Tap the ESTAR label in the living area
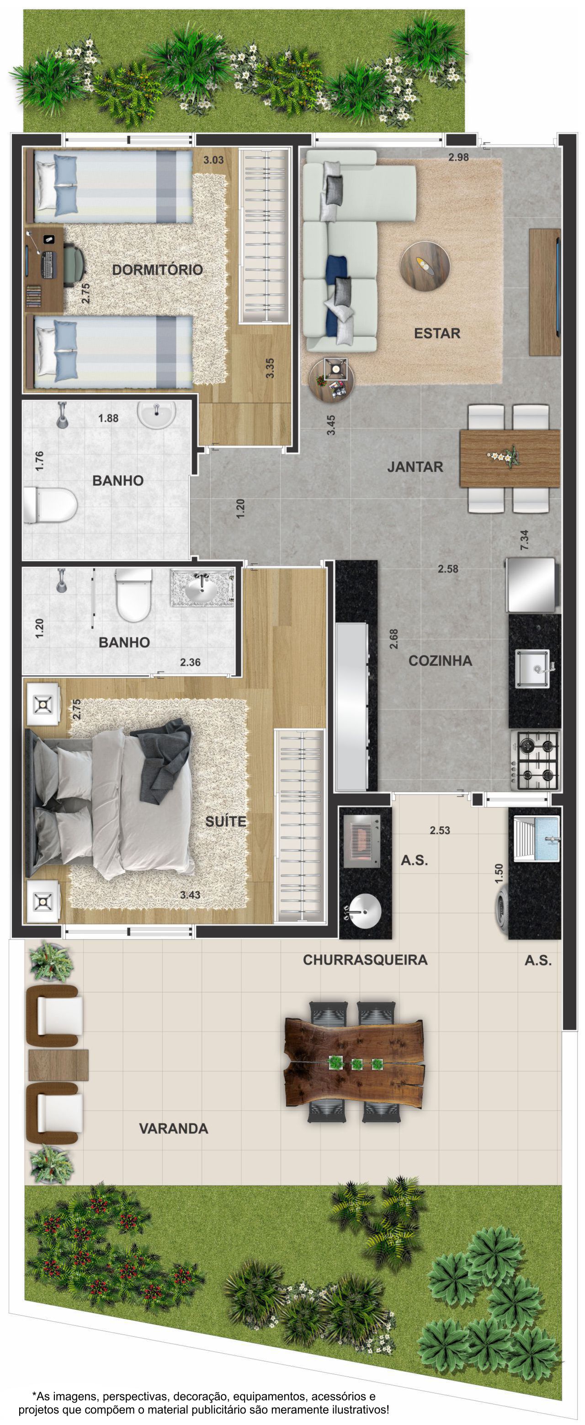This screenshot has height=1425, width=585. [x=437, y=333]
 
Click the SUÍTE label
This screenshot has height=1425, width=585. [x=226, y=821]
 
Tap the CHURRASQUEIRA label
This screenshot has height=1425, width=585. [x=365, y=960]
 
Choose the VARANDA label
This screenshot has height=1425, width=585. [x=174, y=1129]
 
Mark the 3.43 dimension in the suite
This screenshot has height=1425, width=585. [x=190, y=895]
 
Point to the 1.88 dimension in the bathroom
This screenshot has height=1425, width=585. [x=108, y=418]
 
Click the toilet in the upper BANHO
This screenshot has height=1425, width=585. [x=50, y=504]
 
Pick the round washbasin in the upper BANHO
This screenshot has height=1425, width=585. [x=156, y=413]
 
